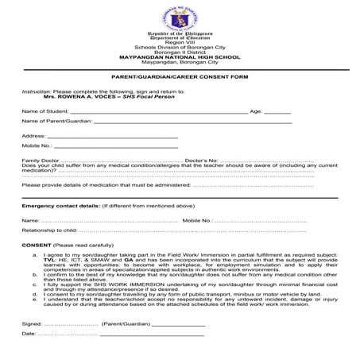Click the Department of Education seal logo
[x=179, y=17]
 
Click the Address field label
[x=34, y=137]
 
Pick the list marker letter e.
[x=34, y=308]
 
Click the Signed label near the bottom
[x=32, y=336]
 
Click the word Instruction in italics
[x=36, y=91]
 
